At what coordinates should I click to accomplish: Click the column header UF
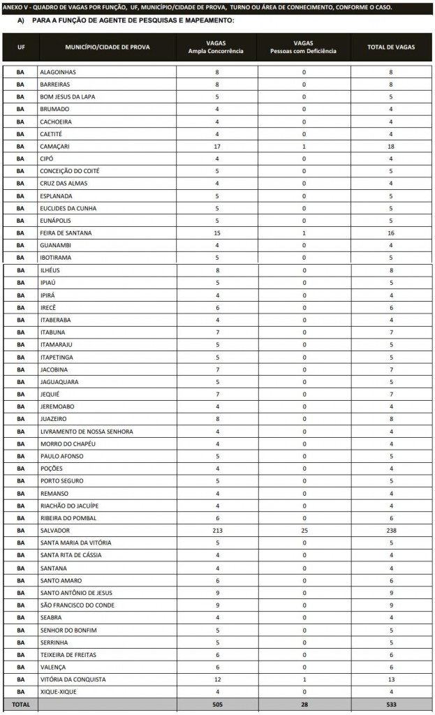coord(20,47)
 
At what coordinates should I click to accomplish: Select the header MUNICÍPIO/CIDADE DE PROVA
coord(108,47)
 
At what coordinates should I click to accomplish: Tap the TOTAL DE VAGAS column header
coord(391,47)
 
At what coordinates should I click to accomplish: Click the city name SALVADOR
coord(55,531)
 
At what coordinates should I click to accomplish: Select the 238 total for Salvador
coord(391,531)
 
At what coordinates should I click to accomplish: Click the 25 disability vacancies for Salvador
coord(304,531)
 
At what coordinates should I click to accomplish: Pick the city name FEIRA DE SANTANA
coord(66,233)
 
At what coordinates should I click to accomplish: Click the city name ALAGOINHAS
coord(58,72)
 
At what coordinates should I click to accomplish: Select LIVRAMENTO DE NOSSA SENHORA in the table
coord(87,432)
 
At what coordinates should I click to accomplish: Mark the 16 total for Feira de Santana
coord(391,233)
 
